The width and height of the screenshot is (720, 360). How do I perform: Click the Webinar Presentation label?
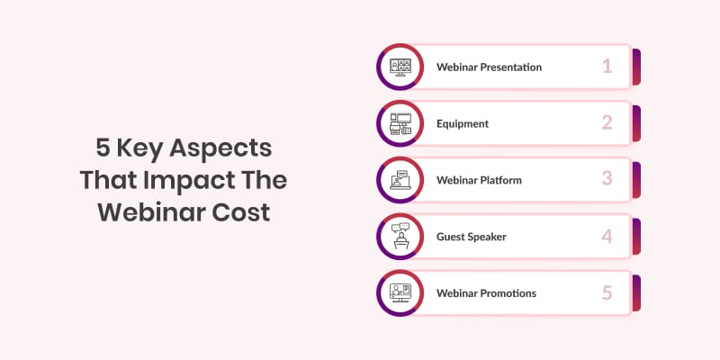pos(489,67)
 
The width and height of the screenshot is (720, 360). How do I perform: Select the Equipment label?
pos(463,124)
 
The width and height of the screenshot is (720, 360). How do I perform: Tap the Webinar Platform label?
pos(479,180)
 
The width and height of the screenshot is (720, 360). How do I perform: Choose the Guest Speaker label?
pos(471,237)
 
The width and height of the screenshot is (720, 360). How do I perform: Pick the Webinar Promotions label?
pos(486,293)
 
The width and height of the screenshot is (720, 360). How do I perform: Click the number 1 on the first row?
pos(607,67)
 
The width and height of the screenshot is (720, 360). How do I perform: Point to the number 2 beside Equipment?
pos(607,123)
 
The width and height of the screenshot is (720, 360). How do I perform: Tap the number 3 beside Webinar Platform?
pos(607,179)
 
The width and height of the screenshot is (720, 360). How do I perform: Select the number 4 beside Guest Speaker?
pos(607,236)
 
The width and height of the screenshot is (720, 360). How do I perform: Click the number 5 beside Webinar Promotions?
pos(607,293)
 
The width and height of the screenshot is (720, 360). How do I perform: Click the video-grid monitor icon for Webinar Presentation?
pos(400,67)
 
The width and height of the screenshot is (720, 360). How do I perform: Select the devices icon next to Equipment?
pos(400,123)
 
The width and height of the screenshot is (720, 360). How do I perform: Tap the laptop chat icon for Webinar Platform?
pos(400,180)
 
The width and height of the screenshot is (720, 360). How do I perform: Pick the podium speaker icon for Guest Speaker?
pos(400,237)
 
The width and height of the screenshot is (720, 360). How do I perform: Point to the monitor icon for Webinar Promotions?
pos(400,293)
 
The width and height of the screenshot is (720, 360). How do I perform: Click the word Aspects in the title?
pos(220,149)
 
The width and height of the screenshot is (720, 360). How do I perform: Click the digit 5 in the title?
pos(103,148)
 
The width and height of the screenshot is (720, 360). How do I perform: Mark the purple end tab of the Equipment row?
pos(636,123)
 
